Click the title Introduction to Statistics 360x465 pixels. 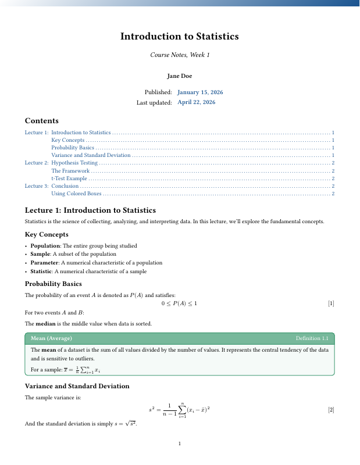click(180, 37)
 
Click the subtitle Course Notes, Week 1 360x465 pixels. click(180, 55)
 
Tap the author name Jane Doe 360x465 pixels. click(180, 76)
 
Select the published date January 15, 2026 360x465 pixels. click(200, 92)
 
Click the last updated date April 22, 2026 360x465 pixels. click(196, 102)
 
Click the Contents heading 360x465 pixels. click(41, 121)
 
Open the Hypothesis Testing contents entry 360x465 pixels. click(79, 163)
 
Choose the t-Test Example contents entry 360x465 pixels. click(70, 178)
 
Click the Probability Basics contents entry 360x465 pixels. click(73, 148)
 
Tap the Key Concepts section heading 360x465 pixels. click(47, 234)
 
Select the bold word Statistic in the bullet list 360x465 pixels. click(41, 271)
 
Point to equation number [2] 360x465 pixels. click(331, 410)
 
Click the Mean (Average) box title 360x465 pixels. click(51, 338)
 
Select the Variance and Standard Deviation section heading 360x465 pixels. click(77, 386)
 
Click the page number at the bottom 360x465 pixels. click(180, 444)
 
